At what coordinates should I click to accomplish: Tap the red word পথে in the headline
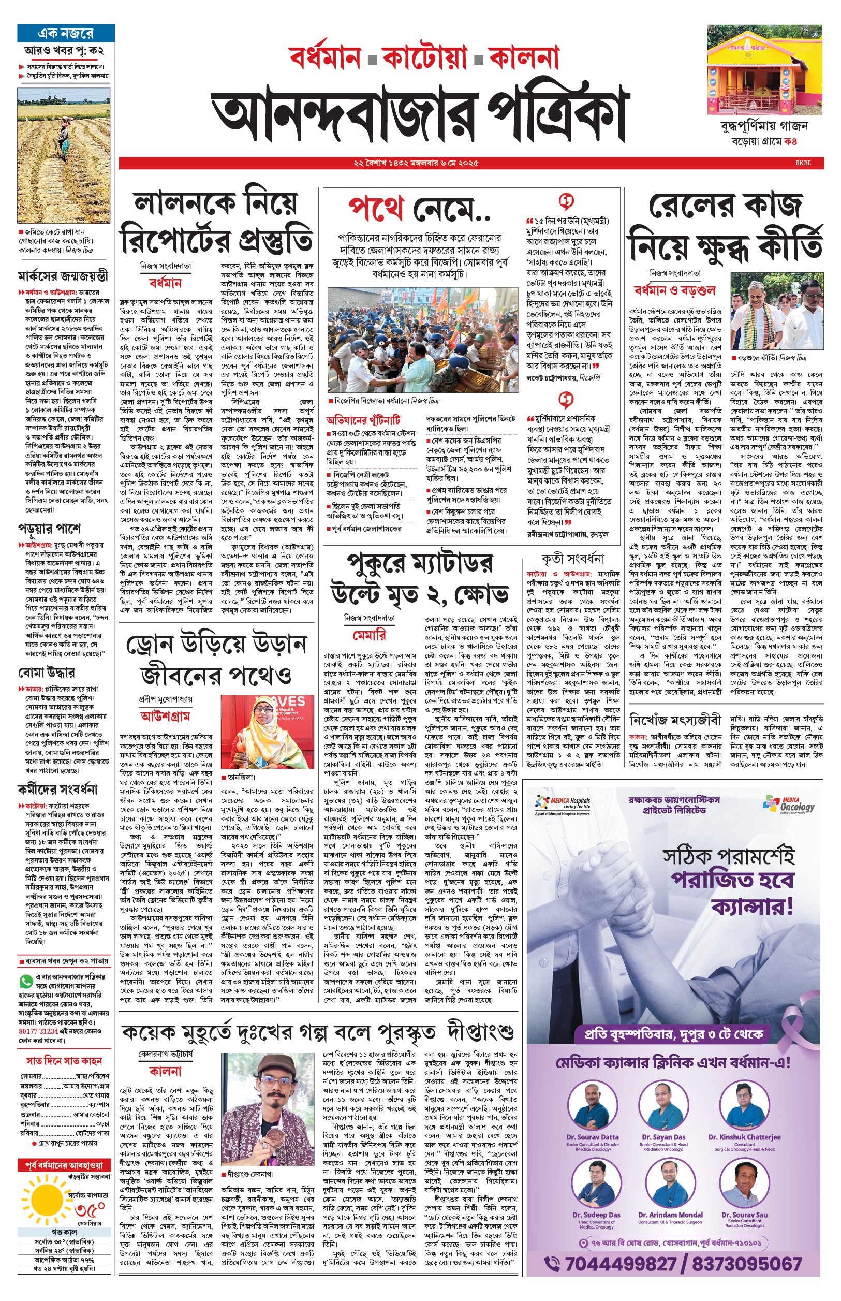(376, 208)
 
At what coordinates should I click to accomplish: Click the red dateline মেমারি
(369, 635)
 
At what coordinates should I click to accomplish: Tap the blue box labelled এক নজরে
(66, 33)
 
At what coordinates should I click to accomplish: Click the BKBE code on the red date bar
(803, 163)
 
